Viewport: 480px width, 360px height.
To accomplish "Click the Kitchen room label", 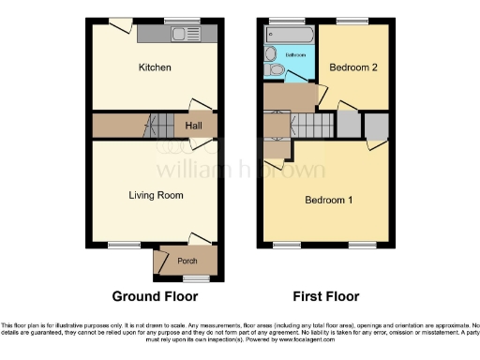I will pos(155,67).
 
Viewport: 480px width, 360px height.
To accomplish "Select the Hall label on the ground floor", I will pos(194,126).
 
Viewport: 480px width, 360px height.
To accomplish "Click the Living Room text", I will pos(156,195).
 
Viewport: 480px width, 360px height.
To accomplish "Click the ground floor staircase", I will pos(163,126).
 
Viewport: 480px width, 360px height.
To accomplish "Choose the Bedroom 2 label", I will pos(352,67).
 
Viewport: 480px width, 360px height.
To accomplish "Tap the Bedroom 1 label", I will pos(326,200).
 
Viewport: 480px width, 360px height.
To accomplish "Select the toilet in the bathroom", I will pos(273,68).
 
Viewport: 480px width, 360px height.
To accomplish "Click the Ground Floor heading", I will pos(156,297).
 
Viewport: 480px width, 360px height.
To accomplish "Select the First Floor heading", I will pos(326,297).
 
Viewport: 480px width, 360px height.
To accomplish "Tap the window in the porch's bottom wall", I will pos(195,279).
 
